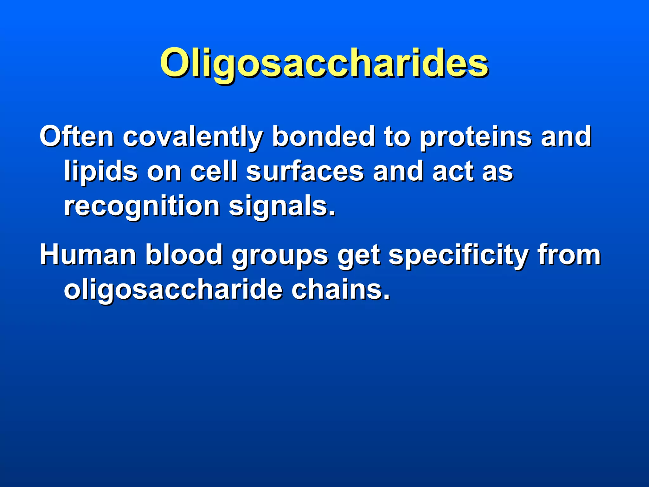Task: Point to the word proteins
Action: click(x=476, y=137)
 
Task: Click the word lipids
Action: click(x=101, y=172)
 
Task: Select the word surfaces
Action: click(x=305, y=171)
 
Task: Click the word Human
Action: click(x=88, y=255)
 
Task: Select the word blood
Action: click(x=184, y=255)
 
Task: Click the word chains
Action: click(x=341, y=289)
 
